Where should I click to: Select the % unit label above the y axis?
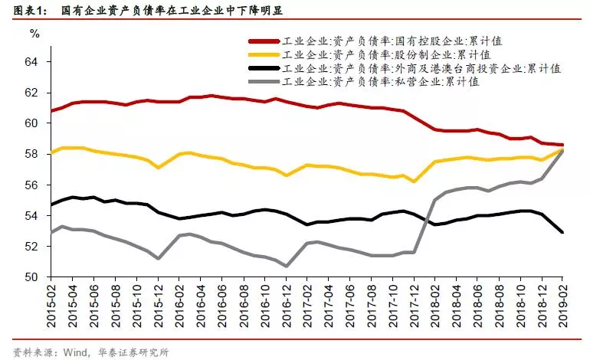(x=33, y=33)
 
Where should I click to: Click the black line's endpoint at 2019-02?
(x=562, y=232)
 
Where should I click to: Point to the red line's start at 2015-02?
(x=51, y=111)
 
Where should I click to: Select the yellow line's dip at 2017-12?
(x=413, y=182)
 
